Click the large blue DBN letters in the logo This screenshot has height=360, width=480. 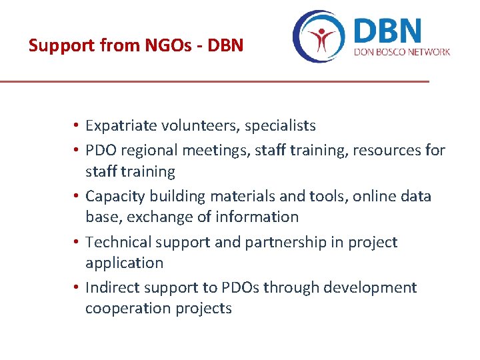coord(389,31)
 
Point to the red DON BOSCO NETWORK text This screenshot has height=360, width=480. coord(402,52)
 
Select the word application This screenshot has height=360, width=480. coord(124,263)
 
